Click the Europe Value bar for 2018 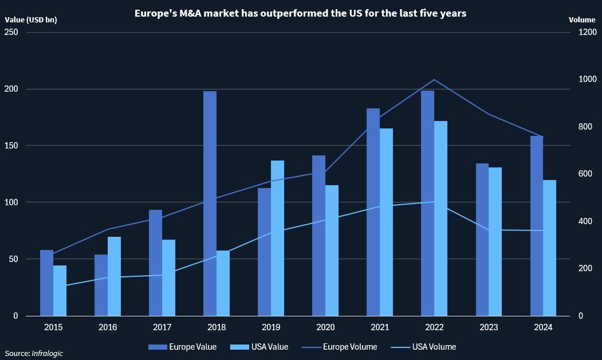point(210,204)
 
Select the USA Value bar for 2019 point(277,238)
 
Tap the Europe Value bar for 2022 point(427,204)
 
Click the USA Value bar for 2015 point(60,290)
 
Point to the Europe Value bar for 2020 point(318,236)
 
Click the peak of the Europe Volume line point(434,80)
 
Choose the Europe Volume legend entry point(341,347)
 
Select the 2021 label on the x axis point(380,327)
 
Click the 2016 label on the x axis point(108,327)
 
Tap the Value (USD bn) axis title point(31,19)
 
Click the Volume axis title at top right point(582,19)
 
